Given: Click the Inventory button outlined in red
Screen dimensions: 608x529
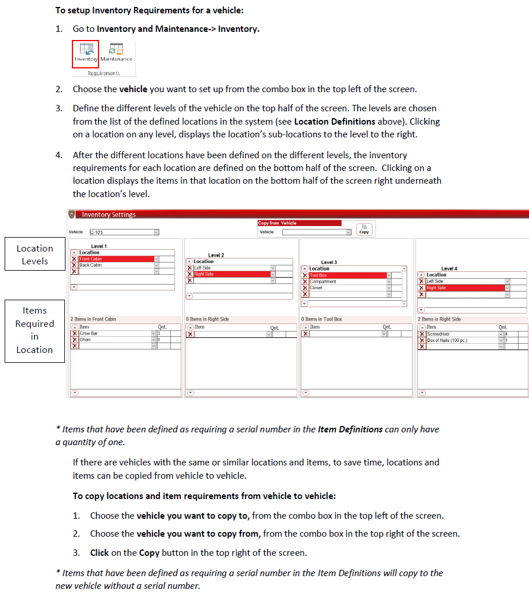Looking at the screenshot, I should tap(86, 54).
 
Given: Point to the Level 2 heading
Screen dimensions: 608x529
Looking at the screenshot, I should tap(216, 255).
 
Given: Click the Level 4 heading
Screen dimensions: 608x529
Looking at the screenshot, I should tap(449, 268).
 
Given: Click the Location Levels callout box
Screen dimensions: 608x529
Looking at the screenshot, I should tap(35, 254).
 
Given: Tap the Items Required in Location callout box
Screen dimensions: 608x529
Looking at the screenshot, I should tap(35, 330).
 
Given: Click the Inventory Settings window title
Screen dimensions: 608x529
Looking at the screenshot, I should tap(109, 214).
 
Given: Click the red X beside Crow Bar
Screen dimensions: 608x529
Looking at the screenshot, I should tap(74, 334).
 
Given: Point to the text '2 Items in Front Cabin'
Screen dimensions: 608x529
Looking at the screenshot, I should tap(93, 319).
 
